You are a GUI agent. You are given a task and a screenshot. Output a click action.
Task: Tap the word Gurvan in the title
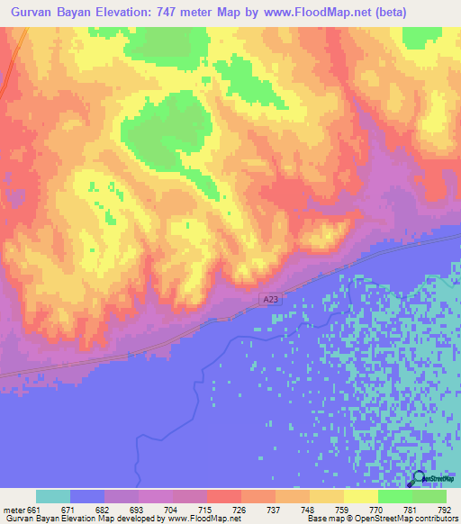[x=35, y=13]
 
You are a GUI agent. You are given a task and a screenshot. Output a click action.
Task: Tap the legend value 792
[x=445, y=510]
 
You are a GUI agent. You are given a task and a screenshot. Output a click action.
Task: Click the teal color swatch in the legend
[x=53, y=496]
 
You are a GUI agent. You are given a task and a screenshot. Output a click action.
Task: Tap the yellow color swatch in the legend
[x=361, y=496]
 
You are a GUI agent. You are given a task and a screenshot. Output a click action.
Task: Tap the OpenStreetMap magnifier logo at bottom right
[x=418, y=479]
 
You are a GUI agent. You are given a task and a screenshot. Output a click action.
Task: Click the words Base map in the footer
[x=321, y=519]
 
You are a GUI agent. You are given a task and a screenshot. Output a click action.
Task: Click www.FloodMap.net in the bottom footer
[x=196, y=519]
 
